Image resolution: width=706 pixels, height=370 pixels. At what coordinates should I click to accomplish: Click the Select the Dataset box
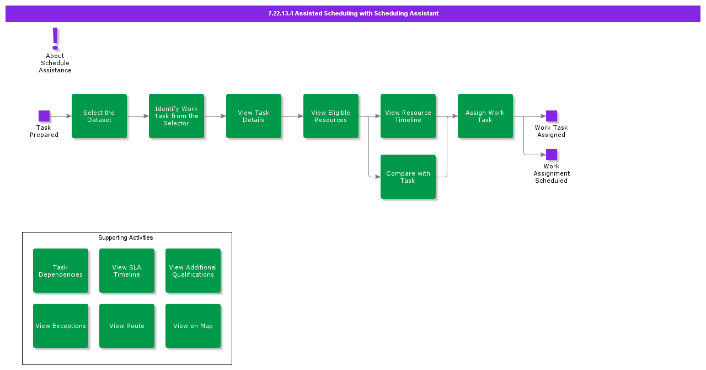pos(99,116)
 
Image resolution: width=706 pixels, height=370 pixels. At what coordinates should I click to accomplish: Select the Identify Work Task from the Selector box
pos(176,116)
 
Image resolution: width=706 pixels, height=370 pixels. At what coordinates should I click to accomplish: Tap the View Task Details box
pos(254,116)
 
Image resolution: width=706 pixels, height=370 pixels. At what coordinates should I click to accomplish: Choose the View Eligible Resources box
pos(331,116)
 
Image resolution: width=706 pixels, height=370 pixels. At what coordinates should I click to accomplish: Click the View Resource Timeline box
pos(408,116)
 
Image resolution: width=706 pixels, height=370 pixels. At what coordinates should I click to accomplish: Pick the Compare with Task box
pos(408,177)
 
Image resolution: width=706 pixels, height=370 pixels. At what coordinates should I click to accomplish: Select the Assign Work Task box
pos(485,116)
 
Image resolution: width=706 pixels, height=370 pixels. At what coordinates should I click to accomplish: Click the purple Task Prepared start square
pos(44,116)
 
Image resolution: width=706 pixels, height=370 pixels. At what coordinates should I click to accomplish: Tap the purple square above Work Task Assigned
pos(552,116)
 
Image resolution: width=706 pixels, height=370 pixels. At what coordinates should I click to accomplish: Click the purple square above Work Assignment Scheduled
pos(552,155)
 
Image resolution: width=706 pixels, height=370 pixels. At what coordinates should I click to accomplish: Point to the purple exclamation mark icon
pos(55,39)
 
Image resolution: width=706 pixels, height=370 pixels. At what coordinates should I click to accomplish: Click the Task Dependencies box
pos(61,271)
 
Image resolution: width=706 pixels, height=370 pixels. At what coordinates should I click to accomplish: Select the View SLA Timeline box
pos(127,271)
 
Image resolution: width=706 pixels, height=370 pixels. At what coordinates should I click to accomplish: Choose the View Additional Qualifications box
pos(193,271)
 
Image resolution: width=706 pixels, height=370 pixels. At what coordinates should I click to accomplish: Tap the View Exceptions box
pos(61,326)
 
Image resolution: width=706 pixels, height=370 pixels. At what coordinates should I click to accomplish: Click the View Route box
pos(127,326)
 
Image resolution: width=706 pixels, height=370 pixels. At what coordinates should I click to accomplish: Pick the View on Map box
pos(193,326)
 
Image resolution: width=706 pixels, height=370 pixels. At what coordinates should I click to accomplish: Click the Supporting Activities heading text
pos(126,237)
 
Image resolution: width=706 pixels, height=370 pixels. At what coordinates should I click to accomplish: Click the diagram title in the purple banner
pos(353,13)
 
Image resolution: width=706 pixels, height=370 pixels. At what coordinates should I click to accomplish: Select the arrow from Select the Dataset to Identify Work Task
pos(138,116)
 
